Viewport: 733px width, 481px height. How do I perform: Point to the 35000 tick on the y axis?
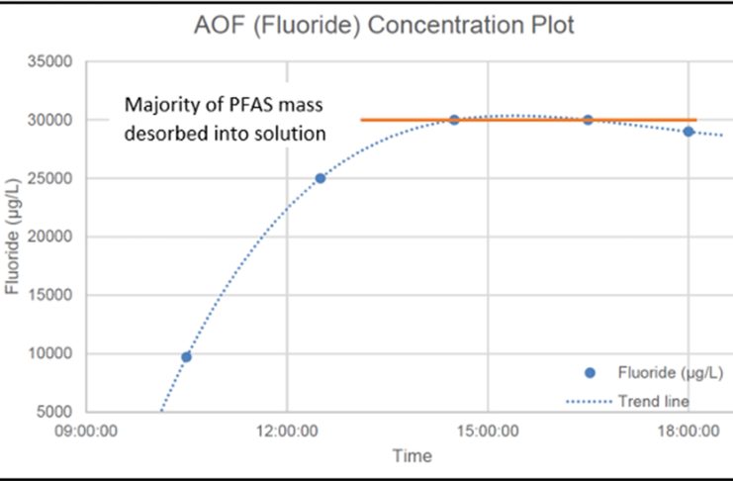55,62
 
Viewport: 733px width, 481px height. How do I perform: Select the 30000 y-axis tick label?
55,121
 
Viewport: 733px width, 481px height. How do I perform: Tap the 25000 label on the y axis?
55,179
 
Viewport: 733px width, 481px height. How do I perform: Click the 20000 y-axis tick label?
55,238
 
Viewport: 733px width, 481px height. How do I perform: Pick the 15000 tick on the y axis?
55,296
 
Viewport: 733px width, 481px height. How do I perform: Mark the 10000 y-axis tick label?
55,354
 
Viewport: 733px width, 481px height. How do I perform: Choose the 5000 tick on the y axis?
59,412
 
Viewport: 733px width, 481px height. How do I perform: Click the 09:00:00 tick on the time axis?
87,433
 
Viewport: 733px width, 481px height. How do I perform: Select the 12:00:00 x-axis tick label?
287,433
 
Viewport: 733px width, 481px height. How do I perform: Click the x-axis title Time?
412,456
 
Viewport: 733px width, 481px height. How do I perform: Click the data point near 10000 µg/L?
186,356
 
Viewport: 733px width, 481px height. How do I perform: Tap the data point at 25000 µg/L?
320,178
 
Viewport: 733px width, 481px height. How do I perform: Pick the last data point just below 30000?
688,132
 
